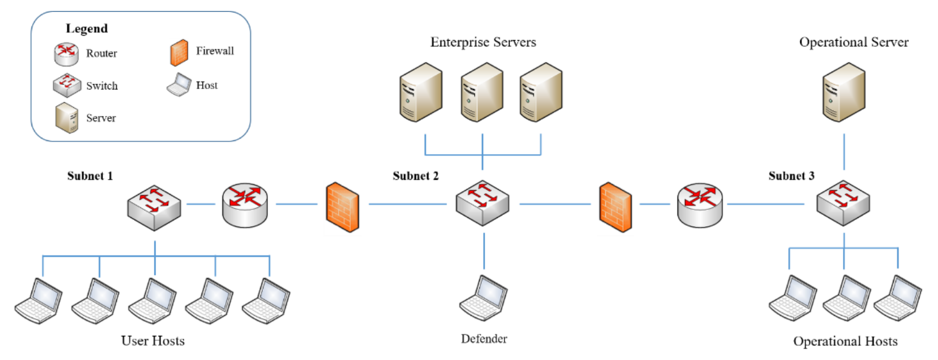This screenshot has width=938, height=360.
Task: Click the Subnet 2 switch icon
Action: (x=483, y=204)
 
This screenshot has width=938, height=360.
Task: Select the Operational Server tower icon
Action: (x=843, y=92)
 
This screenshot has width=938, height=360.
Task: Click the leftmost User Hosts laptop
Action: (x=39, y=301)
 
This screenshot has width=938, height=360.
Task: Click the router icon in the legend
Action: (x=64, y=53)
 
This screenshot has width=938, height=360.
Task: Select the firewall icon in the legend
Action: (x=178, y=52)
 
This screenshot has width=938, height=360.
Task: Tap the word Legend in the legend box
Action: (x=87, y=29)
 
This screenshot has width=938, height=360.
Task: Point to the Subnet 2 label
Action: (x=415, y=176)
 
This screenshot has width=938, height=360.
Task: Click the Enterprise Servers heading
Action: (x=483, y=42)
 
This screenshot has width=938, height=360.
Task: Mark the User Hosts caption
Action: (x=152, y=341)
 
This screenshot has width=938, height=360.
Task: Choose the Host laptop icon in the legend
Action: (x=178, y=86)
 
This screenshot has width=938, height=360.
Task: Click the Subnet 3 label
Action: (x=792, y=176)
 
